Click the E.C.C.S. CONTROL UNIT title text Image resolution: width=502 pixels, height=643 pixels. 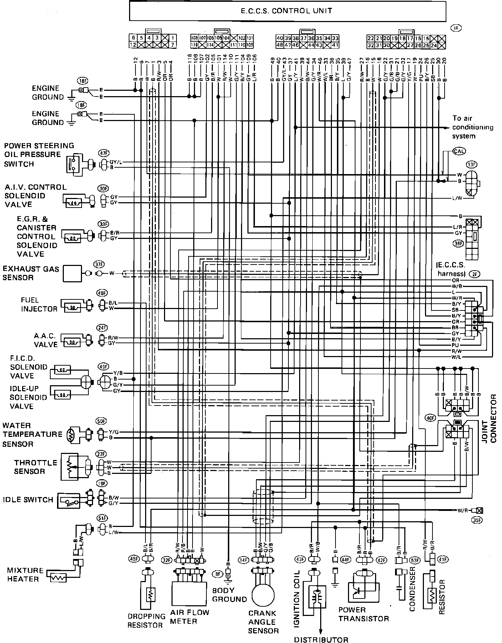click(287, 11)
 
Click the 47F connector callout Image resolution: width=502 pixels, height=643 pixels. click(103, 153)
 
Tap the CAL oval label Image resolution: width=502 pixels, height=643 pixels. click(459, 151)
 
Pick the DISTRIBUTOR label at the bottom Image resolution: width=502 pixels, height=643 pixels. click(321, 639)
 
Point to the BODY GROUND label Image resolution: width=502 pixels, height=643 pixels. click(229, 595)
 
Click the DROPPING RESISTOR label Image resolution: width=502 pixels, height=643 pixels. click(147, 621)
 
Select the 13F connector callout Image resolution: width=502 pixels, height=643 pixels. click(471, 164)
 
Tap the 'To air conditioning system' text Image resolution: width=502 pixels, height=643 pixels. click(472, 127)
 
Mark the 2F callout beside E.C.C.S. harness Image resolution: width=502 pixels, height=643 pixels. click(475, 274)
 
